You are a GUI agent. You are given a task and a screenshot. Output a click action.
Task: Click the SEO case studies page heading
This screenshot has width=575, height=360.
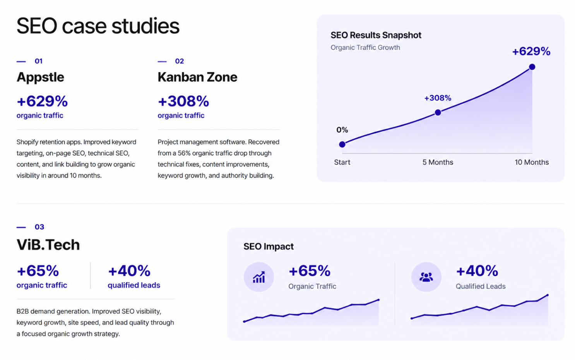98,26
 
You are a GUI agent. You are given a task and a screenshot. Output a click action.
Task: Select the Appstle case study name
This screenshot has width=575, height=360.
40,77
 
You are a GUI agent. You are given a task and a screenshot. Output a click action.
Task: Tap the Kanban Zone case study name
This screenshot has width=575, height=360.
197,77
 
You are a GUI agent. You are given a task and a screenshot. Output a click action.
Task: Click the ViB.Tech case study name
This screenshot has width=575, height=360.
48,244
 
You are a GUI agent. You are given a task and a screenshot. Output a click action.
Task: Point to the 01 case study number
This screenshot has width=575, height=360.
39,61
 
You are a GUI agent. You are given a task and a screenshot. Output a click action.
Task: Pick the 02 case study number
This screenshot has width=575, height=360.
180,61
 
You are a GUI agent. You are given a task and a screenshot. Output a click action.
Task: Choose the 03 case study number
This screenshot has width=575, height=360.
39,227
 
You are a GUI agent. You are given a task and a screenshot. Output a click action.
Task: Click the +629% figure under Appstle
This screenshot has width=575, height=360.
42,101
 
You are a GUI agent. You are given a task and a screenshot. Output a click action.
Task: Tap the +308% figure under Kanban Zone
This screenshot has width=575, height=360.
183,101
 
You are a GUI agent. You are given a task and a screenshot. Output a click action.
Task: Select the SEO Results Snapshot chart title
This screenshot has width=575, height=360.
376,35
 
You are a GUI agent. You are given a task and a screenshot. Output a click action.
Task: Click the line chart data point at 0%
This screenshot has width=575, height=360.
342,144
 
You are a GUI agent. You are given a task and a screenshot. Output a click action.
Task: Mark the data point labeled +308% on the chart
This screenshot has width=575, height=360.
438,113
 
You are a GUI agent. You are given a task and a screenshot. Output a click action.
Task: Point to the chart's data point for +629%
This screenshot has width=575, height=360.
532,67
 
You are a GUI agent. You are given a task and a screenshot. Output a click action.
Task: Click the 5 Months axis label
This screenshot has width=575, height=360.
438,162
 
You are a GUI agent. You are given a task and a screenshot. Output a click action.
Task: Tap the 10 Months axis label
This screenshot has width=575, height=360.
532,162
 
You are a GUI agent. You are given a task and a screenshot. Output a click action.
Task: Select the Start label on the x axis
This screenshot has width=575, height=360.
342,162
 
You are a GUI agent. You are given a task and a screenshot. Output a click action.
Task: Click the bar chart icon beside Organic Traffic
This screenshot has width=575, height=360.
259,277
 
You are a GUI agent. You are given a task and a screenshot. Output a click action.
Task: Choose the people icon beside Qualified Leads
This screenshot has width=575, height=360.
426,277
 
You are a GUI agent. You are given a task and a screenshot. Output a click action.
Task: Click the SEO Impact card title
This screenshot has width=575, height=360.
269,247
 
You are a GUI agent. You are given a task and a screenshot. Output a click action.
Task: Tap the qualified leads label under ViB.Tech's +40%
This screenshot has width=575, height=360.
134,285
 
